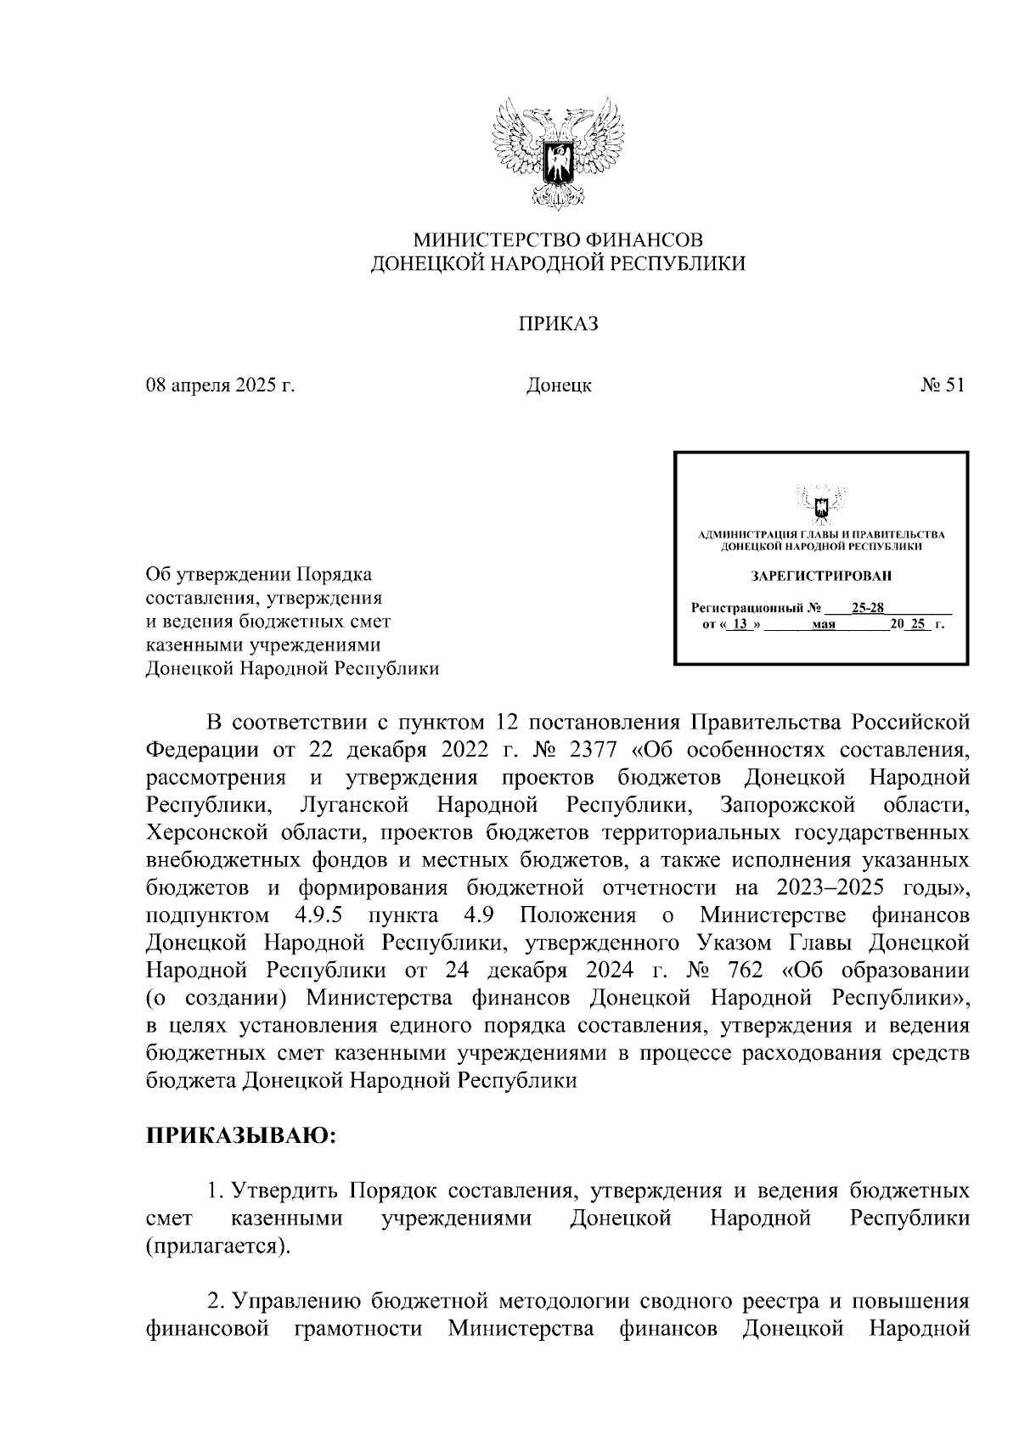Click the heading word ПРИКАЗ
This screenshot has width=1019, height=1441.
coord(558,324)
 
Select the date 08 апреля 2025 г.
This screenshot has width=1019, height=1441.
coord(220,386)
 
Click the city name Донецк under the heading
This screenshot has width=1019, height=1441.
coord(558,386)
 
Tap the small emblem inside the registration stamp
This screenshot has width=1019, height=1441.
coord(820,505)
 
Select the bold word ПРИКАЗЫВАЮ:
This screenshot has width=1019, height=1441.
coord(241,1136)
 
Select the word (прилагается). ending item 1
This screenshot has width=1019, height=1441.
coord(217,1247)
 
